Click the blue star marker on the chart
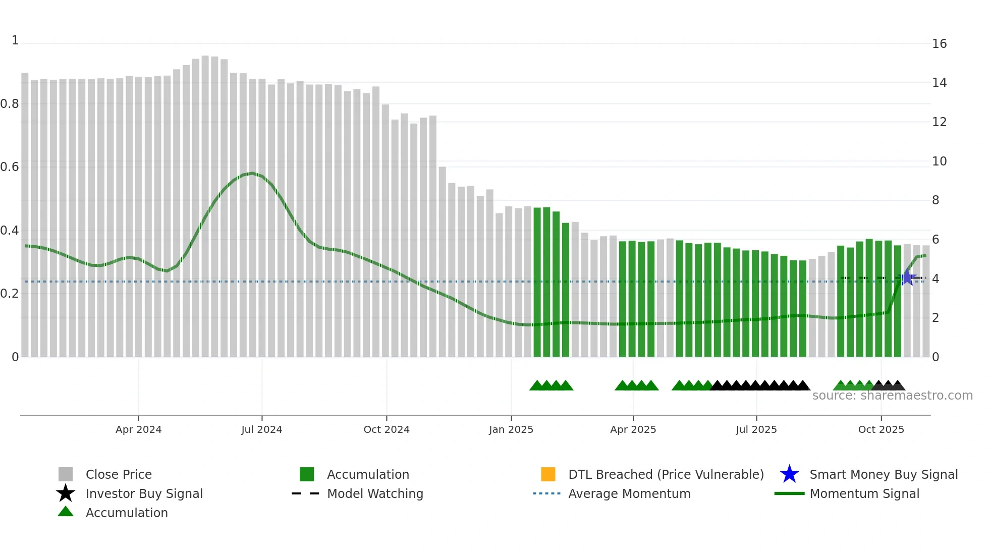pos(907,277)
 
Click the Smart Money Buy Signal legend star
pos(789,474)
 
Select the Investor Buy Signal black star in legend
pos(66,493)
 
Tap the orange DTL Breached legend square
pos(548,474)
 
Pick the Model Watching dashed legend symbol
pos(305,493)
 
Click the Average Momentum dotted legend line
pos(546,493)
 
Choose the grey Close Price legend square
pos(66,474)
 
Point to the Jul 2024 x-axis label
pos(261,429)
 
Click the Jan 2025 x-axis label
pos(511,429)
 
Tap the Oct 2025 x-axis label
pos(881,429)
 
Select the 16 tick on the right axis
pos(939,44)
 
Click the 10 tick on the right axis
pos(939,161)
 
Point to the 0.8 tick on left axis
pos(10,104)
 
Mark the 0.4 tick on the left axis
pos(10,231)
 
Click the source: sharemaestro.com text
pos(892,396)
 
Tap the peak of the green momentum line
pos(252,174)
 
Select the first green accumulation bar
pos(537,283)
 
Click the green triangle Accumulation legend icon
pos(66,512)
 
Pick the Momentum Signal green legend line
pos(789,493)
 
